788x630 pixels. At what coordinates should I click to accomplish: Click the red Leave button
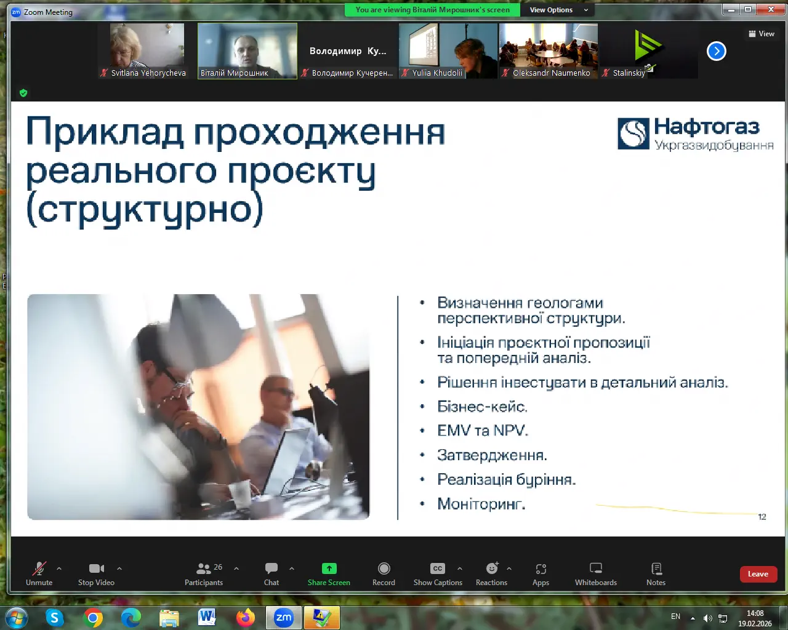pyautogui.click(x=758, y=573)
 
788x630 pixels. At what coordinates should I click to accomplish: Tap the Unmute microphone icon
pyautogui.click(x=39, y=568)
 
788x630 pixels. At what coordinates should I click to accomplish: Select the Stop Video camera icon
pyautogui.click(x=96, y=568)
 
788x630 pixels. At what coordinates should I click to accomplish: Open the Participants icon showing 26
pyautogui.click(x=204, y=568)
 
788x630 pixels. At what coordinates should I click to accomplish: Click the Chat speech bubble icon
pyautogui.click(x=271, y=568)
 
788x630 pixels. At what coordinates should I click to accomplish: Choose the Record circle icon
pyautogui.click(x=384, y=568)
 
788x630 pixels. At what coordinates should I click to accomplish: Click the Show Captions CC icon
pyautogui.click(x=438, y=568)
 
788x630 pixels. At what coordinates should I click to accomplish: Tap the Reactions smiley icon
pyautogui.click(x=492, y=568)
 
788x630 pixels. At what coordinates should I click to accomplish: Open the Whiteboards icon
pyautogui.click(x=596, y=568)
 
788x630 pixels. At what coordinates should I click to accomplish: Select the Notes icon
pyautogui.click(x=656, y=568)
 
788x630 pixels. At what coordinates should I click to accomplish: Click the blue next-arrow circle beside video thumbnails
pyautogui.click(x=716, y=51)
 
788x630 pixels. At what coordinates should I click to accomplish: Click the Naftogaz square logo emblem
pyautogui.click(x=633, y=134)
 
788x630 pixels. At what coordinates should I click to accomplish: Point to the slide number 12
pyautogui.click(x=762, y=517)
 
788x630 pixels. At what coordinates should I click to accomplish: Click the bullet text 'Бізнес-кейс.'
pyautogui.click(x=482, y=407)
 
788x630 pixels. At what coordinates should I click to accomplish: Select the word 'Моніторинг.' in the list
pyautogui.click(x=481, y=504)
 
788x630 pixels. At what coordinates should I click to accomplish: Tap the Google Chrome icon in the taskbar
pyautogui.click(x=93, y=618)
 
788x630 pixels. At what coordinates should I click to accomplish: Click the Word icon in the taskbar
pyautogui.click(x=207, y=618)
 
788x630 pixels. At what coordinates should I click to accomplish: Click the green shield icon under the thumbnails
pyautogui.click(x=23, y=93)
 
